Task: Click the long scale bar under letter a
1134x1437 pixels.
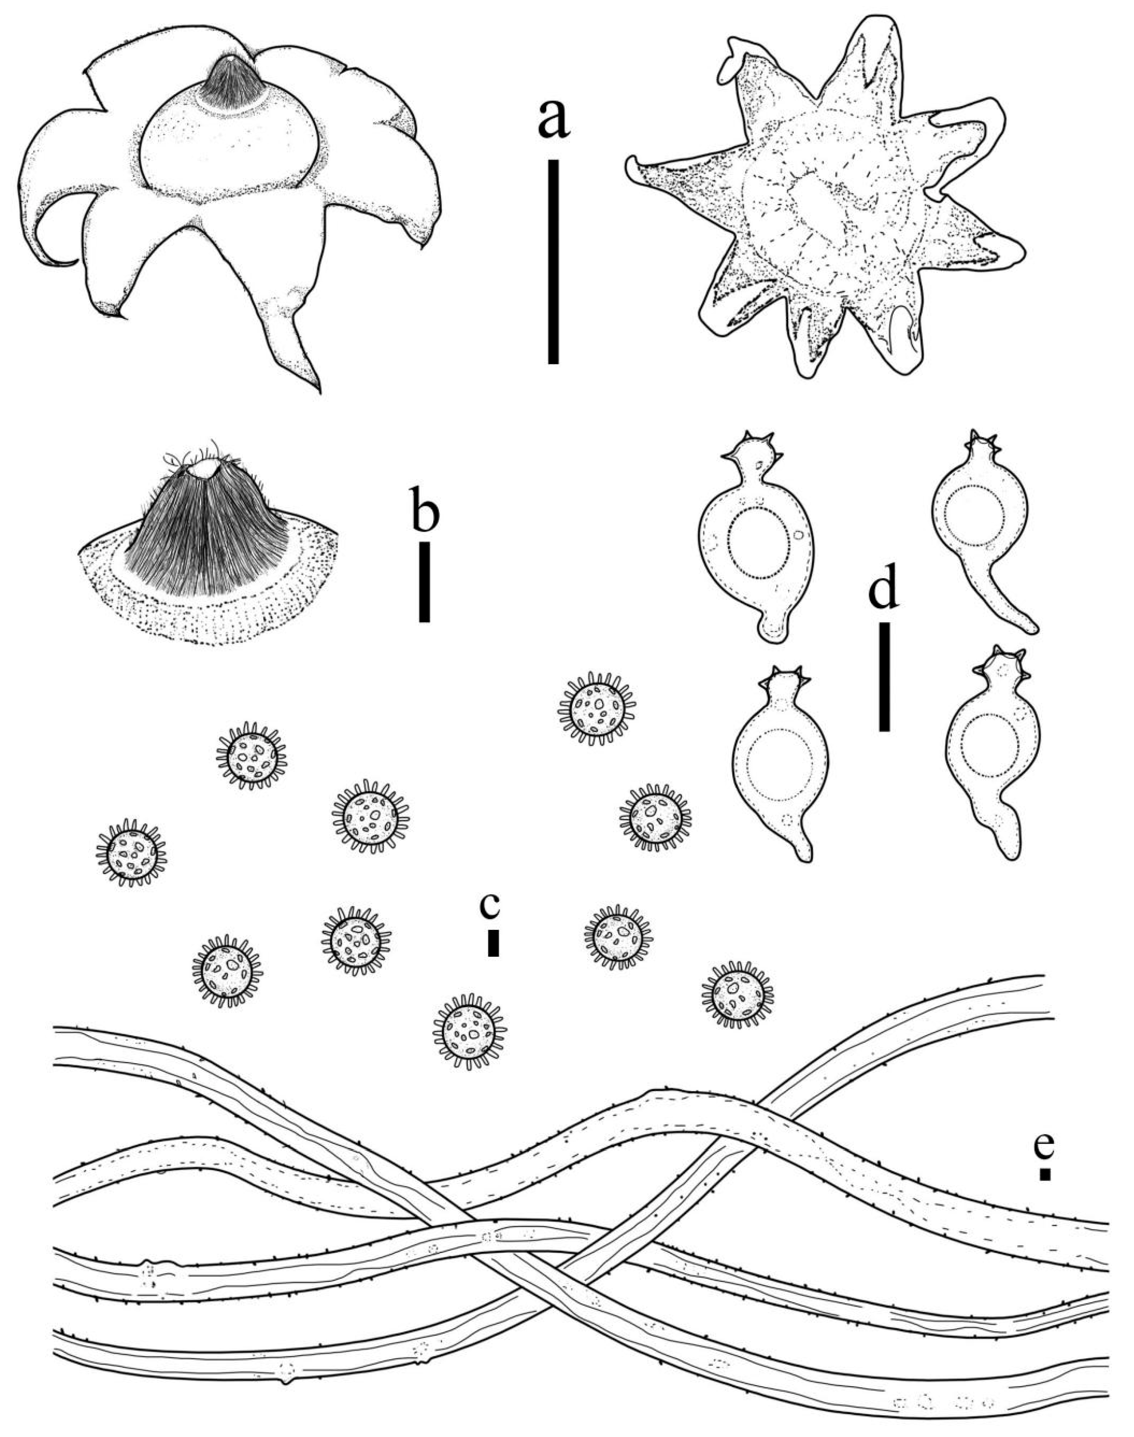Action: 553,261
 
